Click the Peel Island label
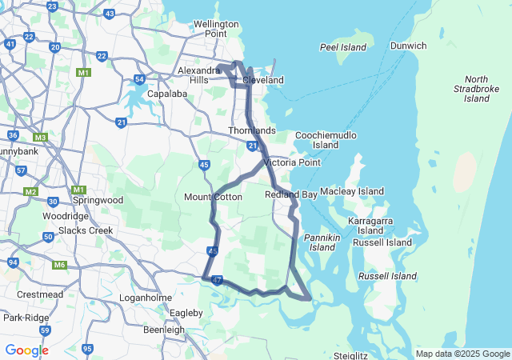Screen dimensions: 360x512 tap(342, 48)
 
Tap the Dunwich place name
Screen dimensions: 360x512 tap(408, 46)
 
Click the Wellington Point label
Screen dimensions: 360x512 tap(216, 29)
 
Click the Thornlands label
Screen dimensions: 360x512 tap(251, 130)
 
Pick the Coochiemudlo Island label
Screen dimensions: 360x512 tap(326, 140)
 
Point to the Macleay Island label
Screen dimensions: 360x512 tap(351, 191)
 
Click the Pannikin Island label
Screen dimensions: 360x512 tap(322, 242)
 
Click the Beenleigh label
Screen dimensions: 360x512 tap(163, 330)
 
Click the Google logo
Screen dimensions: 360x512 tap(26, 350)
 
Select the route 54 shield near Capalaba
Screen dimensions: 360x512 tap(139, 79)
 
